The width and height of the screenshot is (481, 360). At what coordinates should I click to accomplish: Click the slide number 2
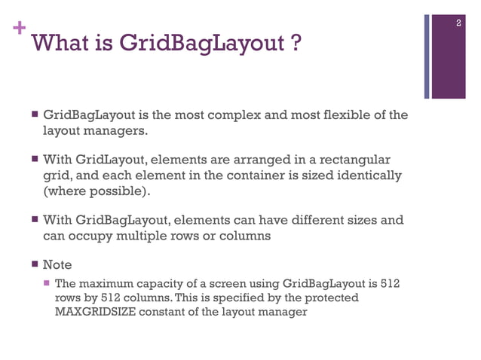[458, 25]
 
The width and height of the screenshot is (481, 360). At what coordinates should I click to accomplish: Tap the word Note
[57, 265]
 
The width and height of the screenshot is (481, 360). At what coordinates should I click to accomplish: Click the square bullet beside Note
[35, 265]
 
